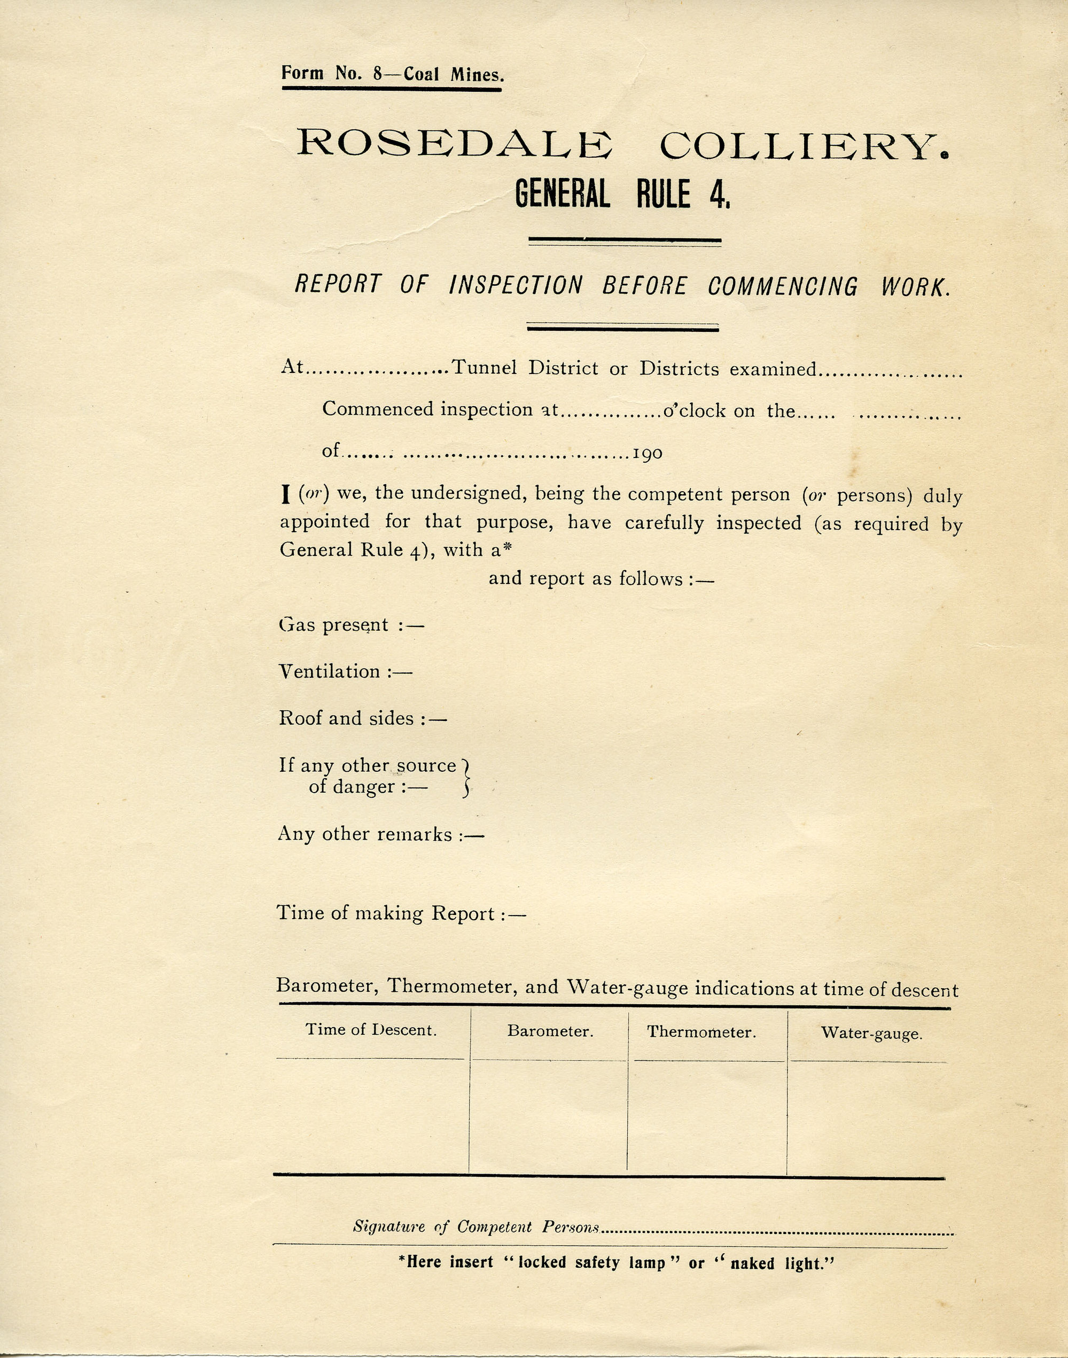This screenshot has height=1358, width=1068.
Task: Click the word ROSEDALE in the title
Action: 454,144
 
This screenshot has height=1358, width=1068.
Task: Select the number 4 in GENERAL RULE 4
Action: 717,195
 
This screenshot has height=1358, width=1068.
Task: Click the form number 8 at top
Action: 377,74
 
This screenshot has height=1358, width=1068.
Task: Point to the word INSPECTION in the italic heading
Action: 516,285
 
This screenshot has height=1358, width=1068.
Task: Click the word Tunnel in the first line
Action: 484,367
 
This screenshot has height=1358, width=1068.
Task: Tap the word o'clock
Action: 694,411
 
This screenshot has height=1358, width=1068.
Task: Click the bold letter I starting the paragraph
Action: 286,495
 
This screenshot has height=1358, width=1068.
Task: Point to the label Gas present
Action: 334,625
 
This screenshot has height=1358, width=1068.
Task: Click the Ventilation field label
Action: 330,671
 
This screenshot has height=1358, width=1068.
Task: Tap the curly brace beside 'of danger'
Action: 465,778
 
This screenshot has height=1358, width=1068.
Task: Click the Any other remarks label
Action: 364,834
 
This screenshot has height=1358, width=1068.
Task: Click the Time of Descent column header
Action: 371,1030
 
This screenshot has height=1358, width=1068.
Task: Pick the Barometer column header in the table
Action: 550,1031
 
